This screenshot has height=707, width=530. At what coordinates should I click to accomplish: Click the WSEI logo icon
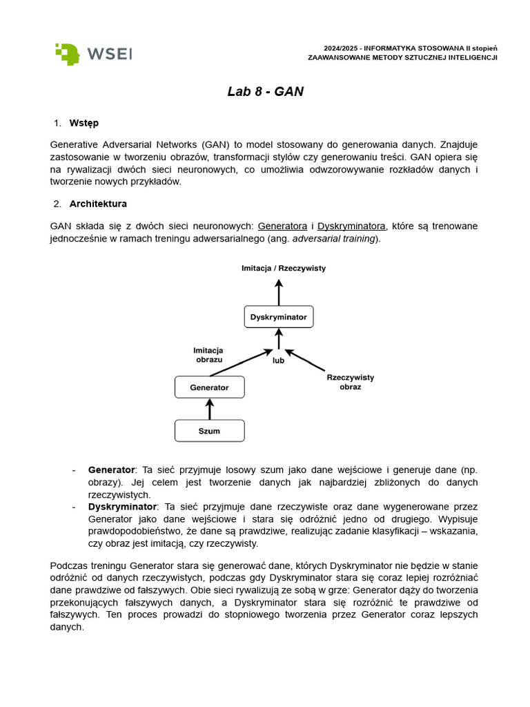(x=68, y=54)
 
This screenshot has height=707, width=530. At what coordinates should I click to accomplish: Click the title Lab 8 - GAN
(x=265, y=92)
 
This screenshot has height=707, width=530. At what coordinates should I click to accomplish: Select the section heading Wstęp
(x=84, y=123)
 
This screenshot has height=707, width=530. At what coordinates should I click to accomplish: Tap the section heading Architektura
(x=98, y=204)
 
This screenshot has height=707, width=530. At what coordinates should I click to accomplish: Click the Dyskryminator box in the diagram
(x=279, y=317)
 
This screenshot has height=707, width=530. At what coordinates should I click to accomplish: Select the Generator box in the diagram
(x=209, y=387)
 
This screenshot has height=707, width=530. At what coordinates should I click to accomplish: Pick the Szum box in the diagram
(x=209, y=431)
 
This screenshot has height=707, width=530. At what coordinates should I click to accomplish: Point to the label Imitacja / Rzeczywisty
(x=283, y=267)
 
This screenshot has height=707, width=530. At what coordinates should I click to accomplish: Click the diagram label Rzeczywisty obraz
(x=350, y=382)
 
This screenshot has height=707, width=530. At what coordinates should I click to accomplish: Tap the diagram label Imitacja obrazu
(x=208, y=355)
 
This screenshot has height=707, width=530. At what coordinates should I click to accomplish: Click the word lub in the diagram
(x=278, y=360)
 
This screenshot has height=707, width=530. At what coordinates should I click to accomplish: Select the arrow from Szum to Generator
(x=210, y=409)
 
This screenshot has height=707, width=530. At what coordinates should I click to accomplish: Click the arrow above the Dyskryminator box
(x=279, y=292)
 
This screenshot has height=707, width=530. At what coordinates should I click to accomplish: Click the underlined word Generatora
(x=282, y=226)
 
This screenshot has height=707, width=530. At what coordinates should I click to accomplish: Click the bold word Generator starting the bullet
(x=111, y=469)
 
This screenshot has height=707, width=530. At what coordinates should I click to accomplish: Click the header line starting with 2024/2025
(x=411, y=48)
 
